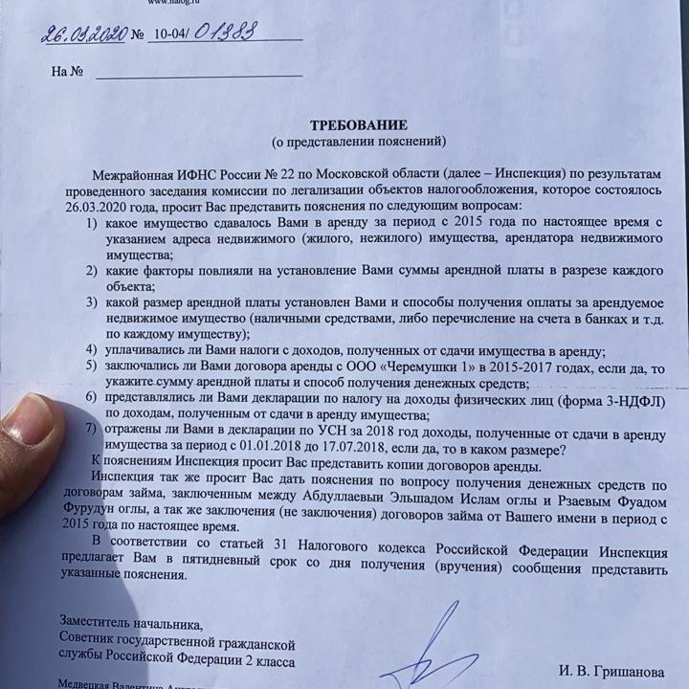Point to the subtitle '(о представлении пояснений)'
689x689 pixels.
(359, 142)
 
